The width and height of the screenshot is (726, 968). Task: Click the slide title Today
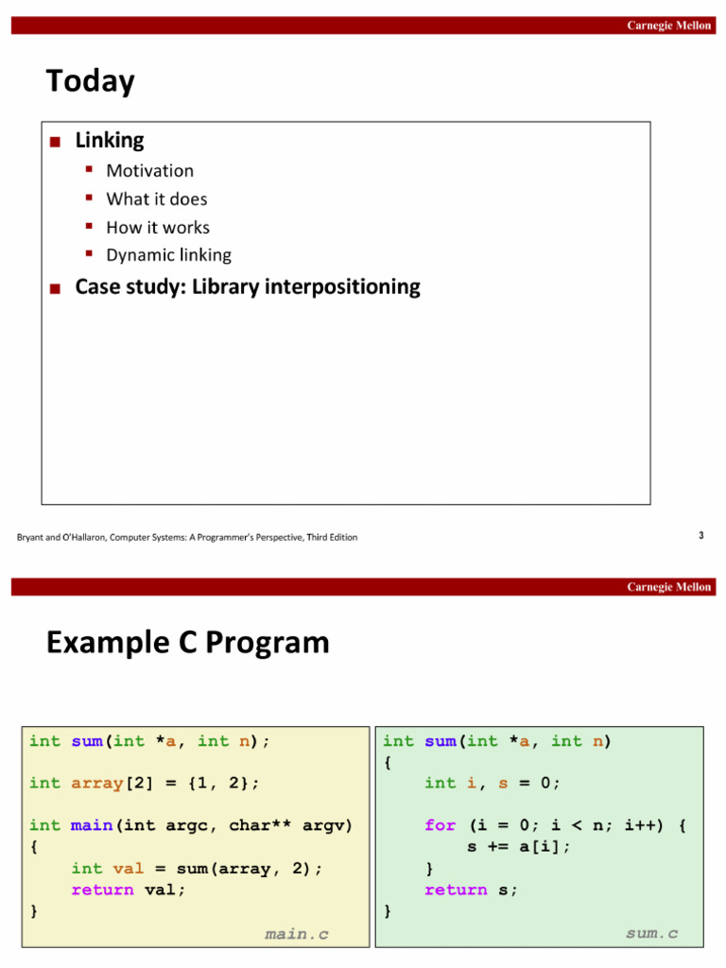pyautogui.click(x=91, y=81)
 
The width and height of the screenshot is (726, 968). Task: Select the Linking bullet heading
pyautogui.click(x=110, y=141)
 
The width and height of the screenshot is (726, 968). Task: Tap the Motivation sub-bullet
pyautogui.click(x=149, y=171)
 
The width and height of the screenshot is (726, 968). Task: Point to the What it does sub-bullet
pyautogui.click(x=156, y=199)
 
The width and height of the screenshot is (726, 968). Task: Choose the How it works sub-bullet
pyautogui.click(x=158, y=228)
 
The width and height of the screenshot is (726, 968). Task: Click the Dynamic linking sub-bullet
pyautogui.click(x=168, y=255)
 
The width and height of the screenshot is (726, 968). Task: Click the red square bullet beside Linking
pyautogui.click(x=56, y=142)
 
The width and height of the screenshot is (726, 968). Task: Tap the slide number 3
pyautogui.click(x=700, y=536)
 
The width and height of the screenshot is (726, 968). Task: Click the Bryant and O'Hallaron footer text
pyautogui.click(x=187, y=537)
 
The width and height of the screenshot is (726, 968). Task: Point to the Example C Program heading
pyautogui.click(x=187, y=643)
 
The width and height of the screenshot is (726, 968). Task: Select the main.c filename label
pyautogui.click(x=297, y=934)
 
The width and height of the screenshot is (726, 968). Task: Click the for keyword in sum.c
pyautogui.click(x=440, y=825)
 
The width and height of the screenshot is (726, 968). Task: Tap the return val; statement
pyautogui.click(x=129, y=890)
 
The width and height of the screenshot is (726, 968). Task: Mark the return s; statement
pyautogui.click(x=471, y=890)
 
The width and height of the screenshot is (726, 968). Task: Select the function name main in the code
pyautogui.click(x=92, y=825)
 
